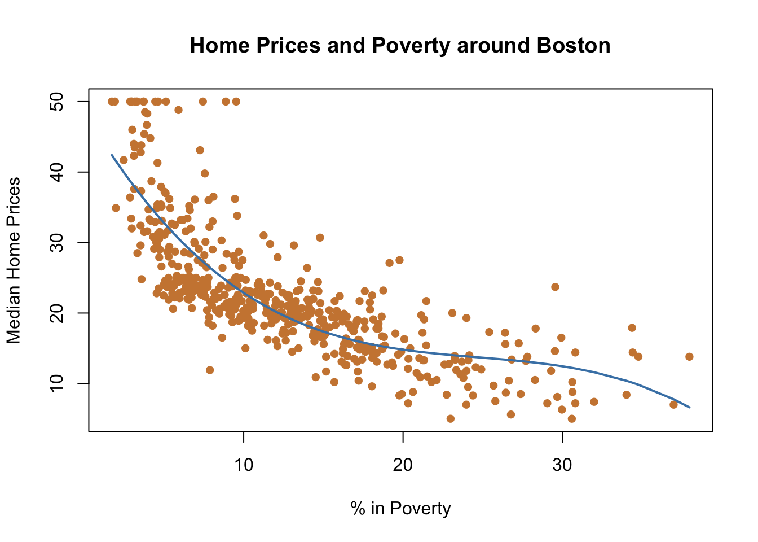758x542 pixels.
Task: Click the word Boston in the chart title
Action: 573,45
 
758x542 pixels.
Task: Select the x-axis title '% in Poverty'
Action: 400,509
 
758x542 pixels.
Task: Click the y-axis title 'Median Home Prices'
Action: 14,260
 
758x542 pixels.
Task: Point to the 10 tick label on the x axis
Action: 244,465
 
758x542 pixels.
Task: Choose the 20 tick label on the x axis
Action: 403,465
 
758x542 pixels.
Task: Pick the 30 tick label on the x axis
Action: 562,465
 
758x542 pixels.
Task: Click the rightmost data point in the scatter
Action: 689,356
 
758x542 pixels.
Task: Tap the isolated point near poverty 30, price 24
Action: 555,287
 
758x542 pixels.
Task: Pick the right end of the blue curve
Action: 689,407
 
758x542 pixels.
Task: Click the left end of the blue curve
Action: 112,155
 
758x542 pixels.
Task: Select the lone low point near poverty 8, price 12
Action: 210,370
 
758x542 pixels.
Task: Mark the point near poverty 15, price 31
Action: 320,238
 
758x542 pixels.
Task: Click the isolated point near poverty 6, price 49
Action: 178,110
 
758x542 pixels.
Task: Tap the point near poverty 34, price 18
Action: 632,327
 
